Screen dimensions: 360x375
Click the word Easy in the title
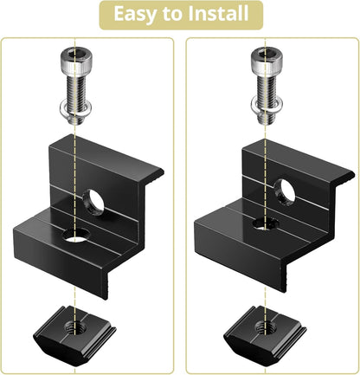136,14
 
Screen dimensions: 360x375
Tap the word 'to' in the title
173,14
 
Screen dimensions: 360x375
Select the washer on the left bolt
76,109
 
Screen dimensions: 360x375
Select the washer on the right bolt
267,107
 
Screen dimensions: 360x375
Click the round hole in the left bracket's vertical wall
93,202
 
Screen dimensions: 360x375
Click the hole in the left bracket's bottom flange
75,235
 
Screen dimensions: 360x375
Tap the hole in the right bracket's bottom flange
266,223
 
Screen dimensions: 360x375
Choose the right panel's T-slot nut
265,330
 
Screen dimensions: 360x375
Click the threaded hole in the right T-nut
265,327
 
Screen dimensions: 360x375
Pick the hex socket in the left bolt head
76,54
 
